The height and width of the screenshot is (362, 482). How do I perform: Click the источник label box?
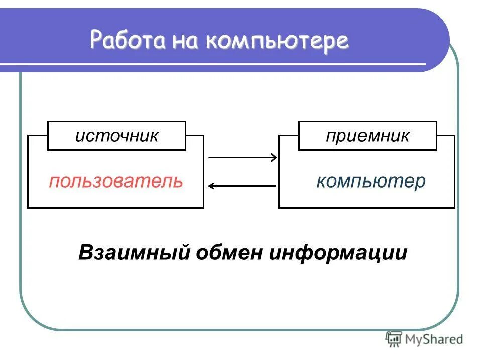(x=116, y=136)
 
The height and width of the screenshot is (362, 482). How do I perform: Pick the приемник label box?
(x=368, y=136)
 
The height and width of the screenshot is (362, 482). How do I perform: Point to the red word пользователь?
(x=116, y=181)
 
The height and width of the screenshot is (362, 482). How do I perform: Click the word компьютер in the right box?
(x=371, y=181)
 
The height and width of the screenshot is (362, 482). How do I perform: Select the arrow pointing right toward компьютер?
(x=242, y=158)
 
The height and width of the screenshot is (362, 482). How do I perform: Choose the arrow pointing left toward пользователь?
(x=242, y=186)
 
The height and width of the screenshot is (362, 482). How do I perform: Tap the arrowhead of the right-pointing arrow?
(x=274, y=158)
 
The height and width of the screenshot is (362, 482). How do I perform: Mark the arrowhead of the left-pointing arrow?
(x=211, y=186)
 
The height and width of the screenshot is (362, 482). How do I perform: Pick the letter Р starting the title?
(x=96, y=40)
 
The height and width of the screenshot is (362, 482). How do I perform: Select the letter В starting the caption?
(x=85, y=252)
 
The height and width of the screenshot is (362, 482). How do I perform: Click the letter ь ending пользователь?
(x=178, y=181)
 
